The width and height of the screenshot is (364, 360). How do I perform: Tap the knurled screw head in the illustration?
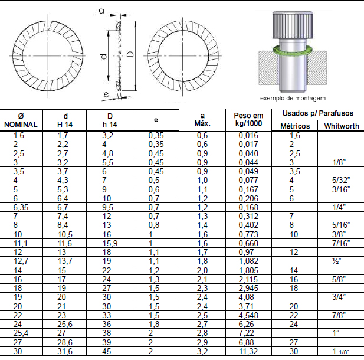[293, 25]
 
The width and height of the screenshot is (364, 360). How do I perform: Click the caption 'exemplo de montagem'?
[293, 98]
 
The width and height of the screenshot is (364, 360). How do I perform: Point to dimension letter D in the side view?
[131, 54]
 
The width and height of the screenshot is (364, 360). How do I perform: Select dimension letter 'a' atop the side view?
[101, 11]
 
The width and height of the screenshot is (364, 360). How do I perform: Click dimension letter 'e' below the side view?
[106, 94]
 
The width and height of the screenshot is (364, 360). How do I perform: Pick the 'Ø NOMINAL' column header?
[21, 120]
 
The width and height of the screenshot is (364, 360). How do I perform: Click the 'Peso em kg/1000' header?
[248, 119]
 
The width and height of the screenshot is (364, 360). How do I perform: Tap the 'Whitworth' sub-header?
[342, 126]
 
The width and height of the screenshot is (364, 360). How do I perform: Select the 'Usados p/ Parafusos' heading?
[318, 113]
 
